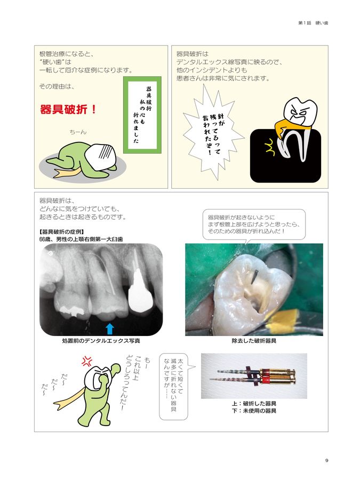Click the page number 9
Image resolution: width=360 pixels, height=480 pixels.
(326, 461)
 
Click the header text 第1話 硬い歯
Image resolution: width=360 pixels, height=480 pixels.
(313, 23)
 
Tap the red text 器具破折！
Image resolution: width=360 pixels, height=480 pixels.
(68, 110)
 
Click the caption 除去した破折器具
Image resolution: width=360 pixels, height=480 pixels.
(253, 340)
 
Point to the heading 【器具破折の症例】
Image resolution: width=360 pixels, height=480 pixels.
(61, 232)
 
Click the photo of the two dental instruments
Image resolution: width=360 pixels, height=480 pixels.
(253, 376)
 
